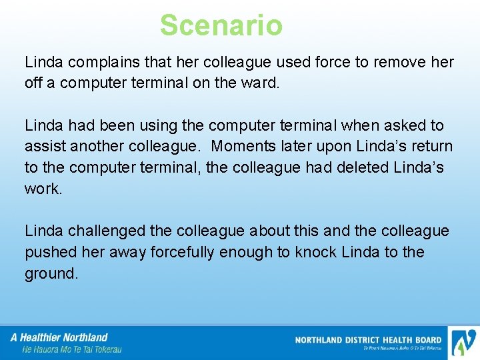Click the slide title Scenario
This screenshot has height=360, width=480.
[221, 26]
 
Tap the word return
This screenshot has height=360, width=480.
[431, 146]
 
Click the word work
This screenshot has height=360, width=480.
[42, 188]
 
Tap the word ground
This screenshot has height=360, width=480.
[51, 273]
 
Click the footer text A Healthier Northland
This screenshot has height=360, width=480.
[59, 337]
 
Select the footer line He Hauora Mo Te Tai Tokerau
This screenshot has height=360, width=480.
[71, 349]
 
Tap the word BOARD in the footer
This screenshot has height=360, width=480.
[426, 340]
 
